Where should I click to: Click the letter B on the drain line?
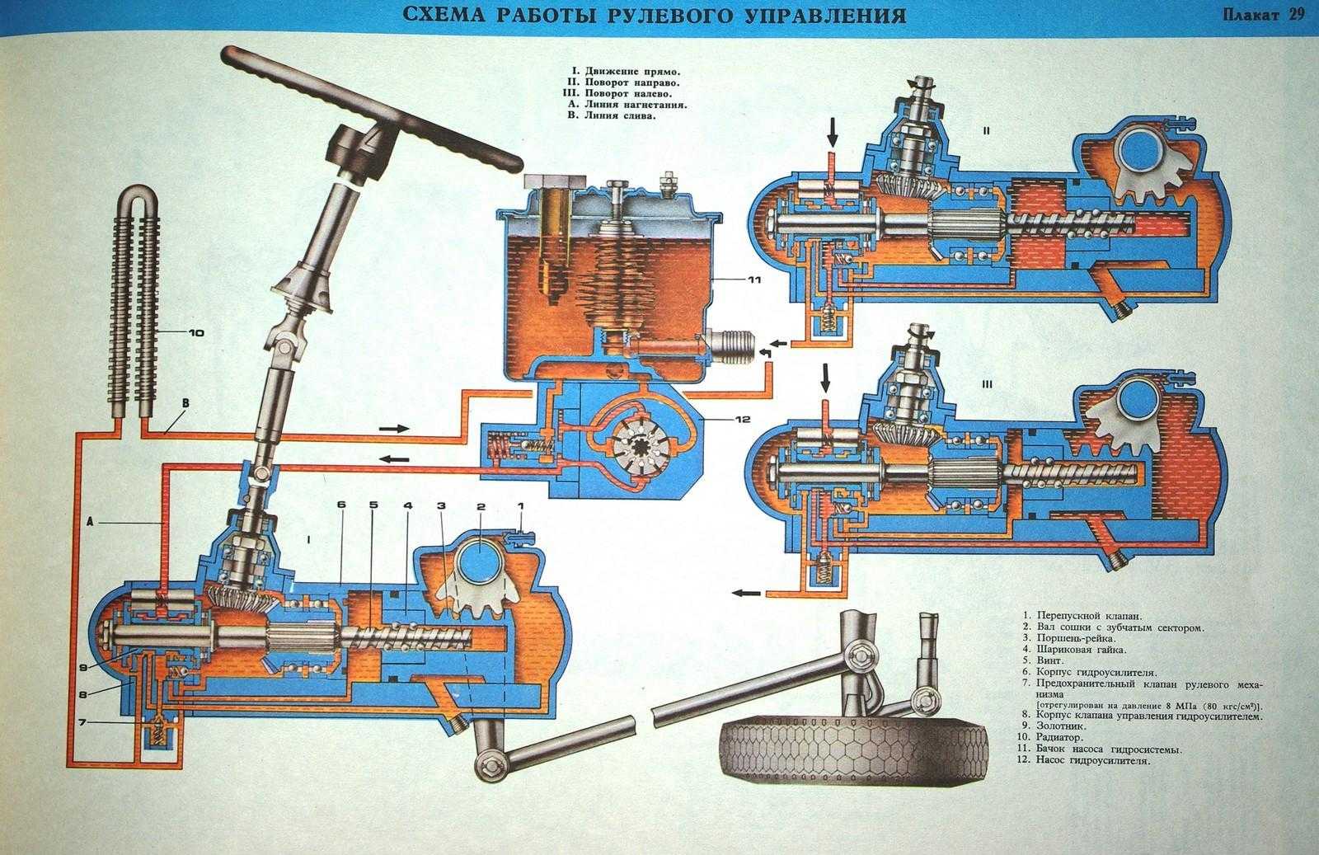(185, 403)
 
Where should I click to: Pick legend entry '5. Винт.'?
(1044, 660)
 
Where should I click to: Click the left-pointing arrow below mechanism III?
(747, 592)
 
